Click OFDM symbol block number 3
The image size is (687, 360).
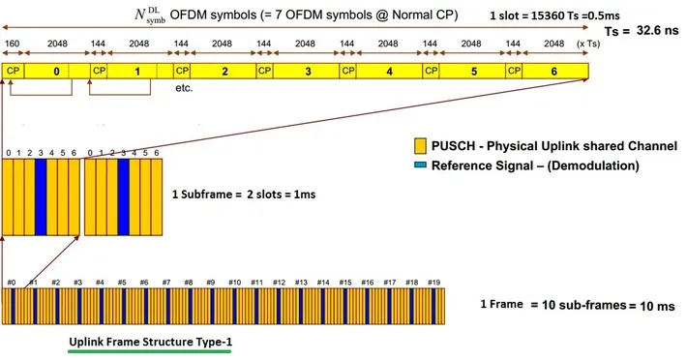[307, 71]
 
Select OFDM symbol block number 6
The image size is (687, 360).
[555, 71]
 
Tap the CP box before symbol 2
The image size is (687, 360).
[182, 71]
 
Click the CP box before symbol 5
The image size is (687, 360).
[432, 71]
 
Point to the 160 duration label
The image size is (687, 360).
[12, 44]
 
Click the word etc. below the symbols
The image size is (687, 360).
[184, 88]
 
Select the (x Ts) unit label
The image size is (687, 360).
[588, 44]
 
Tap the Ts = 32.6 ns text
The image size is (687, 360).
[642, 31]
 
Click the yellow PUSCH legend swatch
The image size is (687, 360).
[420, 146]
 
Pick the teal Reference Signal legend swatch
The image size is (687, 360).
[420, 165]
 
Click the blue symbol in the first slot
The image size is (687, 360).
[41, 197]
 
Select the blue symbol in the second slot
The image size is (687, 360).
[123, 197]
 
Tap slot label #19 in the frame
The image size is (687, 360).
[433, 283]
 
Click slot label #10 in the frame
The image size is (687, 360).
[234, 283]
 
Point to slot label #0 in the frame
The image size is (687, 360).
[12, 283]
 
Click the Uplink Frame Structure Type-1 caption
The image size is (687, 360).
[151, 342]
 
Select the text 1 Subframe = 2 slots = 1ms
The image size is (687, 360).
[244, 194]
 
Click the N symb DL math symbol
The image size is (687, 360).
[150, 15]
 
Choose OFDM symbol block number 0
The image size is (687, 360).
[56, 71]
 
